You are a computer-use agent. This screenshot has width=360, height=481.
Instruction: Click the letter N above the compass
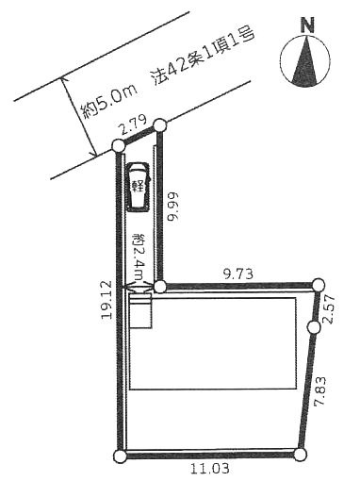(307, 25)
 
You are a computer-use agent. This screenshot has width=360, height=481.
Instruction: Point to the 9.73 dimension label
(237, 274)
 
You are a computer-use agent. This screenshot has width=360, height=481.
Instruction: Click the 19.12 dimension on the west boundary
(106, 300)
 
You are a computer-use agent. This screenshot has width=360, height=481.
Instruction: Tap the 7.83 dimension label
(320, 390)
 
